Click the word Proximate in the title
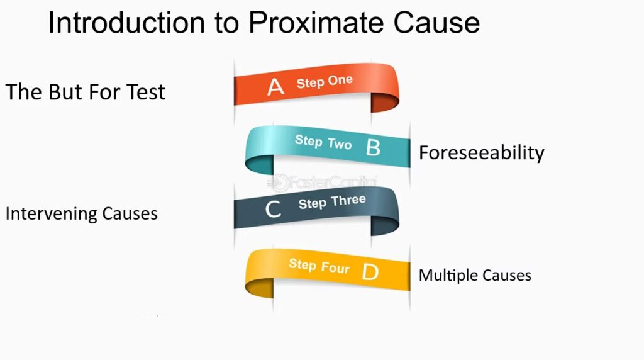click(317, 23)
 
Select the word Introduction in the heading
click(126, 22)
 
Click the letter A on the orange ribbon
click(275, 87)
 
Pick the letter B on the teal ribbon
click(373, 147)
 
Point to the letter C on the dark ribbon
click(273, 209)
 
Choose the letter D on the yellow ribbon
click(370, 272)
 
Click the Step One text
click(325, 81)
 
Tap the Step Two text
click(323, 142)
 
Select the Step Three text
click(332, 202)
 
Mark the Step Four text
click(319, 266)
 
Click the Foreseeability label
click(481, 153)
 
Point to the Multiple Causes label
click(475, 275)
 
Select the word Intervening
click(52, 214)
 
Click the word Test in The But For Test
click(146, 92)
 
